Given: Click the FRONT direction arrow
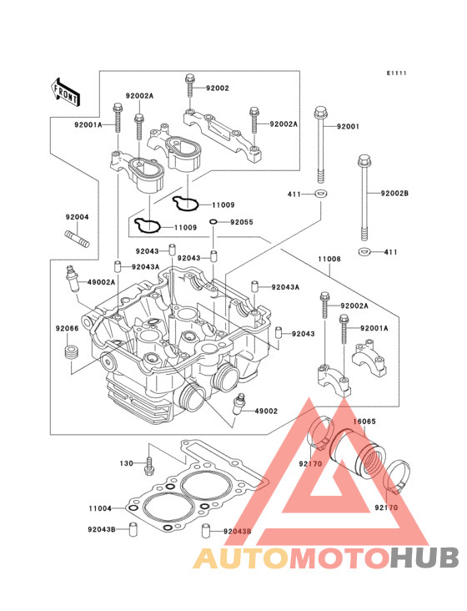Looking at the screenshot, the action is [x=65, y=93].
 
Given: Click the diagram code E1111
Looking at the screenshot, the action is [x=397, y=73].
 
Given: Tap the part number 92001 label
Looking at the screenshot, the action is [x=348, y=127].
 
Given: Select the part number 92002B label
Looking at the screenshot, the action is [x=394, y=194].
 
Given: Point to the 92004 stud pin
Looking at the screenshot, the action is [x=77, y=238].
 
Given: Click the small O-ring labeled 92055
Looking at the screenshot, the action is [x=213, y=222].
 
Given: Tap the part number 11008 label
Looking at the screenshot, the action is [x=329, y=259].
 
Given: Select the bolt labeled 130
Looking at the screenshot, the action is [x=149, y=465].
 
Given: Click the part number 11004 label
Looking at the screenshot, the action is [x=100, y=508].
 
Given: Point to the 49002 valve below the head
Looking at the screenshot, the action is [x=239, y=405].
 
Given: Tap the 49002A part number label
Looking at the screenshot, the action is [x=101, y=282].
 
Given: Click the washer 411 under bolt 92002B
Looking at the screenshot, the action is [x=364, y=252].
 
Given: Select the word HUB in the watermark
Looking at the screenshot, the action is [x=425, y=558].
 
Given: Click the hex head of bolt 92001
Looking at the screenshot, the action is [x=319, y=113].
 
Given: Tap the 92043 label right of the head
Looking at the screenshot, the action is [x=304, y=334].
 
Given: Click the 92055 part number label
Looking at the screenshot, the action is [x=242, y=222].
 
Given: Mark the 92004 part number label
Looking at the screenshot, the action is [x=77, y=217].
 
